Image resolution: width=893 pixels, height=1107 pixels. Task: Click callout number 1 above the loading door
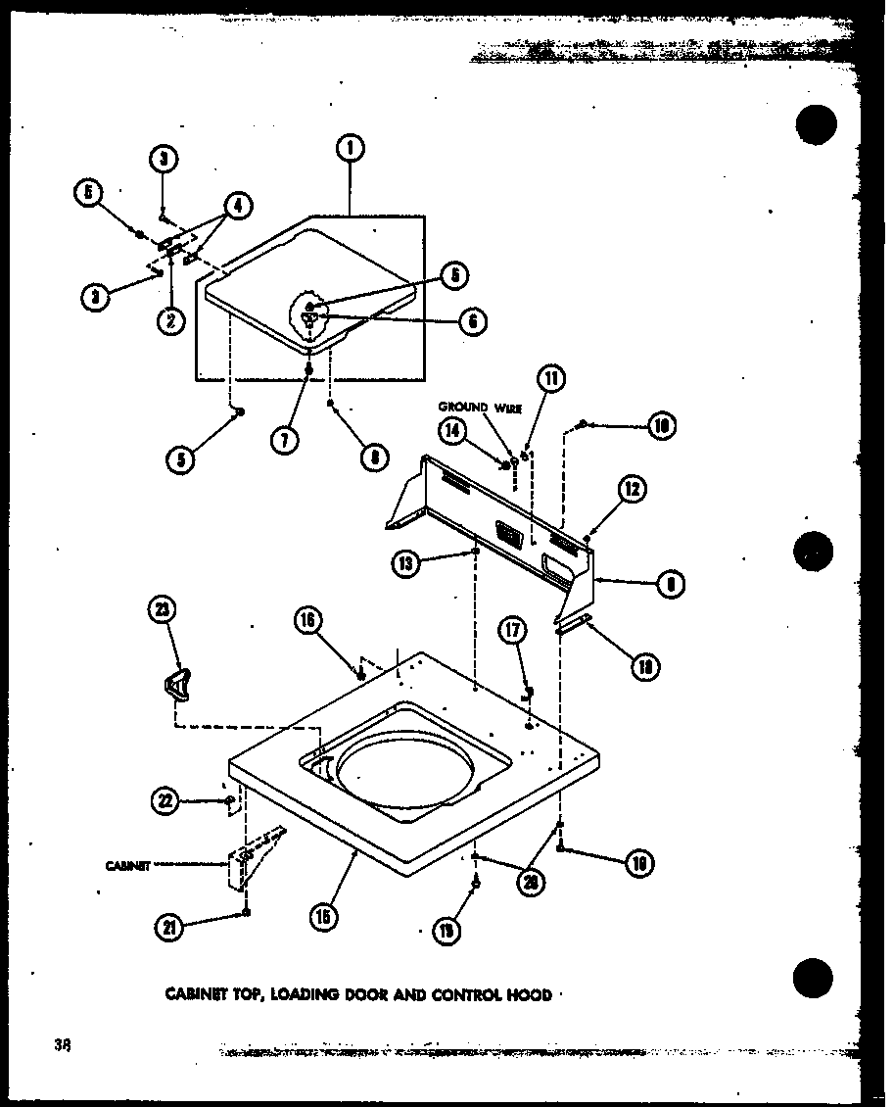coord(348,149)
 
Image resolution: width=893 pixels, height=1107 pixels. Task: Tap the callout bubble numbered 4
coord(237,206)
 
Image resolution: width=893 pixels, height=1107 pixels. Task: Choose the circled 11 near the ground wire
coord(549,378)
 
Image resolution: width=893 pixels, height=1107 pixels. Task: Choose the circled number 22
coord(166,801)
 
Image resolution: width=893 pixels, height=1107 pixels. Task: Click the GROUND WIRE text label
coord(479,409)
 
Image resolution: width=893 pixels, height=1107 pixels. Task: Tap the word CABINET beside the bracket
coord(127,865)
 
